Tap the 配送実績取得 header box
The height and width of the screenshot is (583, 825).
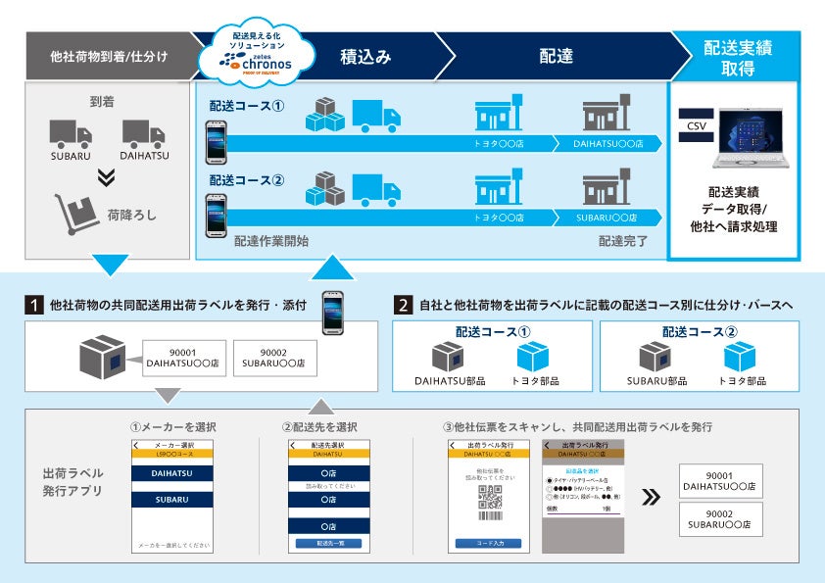[x=735, y=56]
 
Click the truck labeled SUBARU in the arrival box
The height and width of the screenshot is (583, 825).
[x=70, y=136]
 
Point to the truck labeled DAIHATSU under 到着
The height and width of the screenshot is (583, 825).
[x=143, y=136]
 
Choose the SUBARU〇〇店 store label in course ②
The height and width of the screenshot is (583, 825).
[x=605, y=217]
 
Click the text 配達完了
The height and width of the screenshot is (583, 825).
[x=623, y=239]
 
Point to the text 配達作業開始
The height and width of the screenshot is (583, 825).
[x=271, y=239]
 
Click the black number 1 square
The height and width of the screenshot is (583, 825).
[x=34, y=305]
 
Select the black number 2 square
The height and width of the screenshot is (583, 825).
[x=403, y=305]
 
